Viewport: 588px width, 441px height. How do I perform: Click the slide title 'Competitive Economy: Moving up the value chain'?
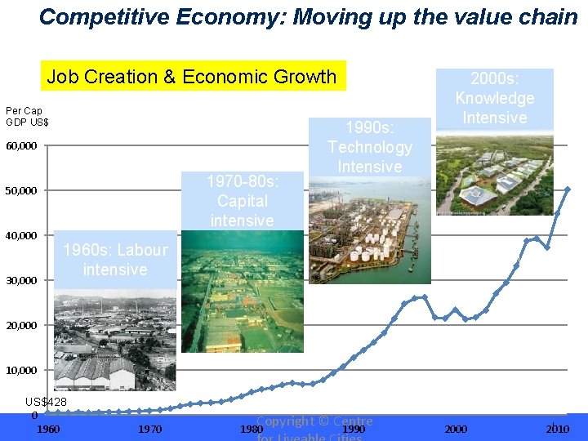(x=308, y=16)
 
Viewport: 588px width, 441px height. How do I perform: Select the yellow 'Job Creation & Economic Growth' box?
(x=192, y=77)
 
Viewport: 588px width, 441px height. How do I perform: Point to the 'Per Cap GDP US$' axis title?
(x=27, y=116)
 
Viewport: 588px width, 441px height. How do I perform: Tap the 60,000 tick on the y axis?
(x=21, y=146)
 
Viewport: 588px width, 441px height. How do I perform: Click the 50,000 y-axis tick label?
(x=21, y=191)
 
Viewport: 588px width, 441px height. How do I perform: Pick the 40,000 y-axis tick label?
(x=21, y=236)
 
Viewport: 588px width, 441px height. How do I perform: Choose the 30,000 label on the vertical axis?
(x=21, y=281)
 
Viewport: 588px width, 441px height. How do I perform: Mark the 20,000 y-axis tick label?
(x=21, y=326)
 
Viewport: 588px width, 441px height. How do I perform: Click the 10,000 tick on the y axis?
(x=21, y=371)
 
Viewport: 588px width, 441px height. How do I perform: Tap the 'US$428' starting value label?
(x=46, y=402)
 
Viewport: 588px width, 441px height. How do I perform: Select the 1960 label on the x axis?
(x=48, y=429)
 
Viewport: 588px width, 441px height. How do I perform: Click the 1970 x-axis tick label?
(x=150, y=429)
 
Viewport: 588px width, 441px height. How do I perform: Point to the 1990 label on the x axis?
(x=354, y=429)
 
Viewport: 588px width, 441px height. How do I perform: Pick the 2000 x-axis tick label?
(x=456, y=429)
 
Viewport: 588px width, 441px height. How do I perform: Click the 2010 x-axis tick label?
(x=558, y=429)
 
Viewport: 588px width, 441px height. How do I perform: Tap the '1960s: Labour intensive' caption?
(x=115, y=260)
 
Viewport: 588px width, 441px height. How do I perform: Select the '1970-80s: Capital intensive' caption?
(x=242, y=200)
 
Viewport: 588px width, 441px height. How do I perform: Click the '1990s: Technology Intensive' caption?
(x=369, y=147)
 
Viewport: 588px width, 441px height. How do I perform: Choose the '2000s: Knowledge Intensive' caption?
(x=494, y=98)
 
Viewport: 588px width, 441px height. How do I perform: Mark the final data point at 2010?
(x=568, y=189)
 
